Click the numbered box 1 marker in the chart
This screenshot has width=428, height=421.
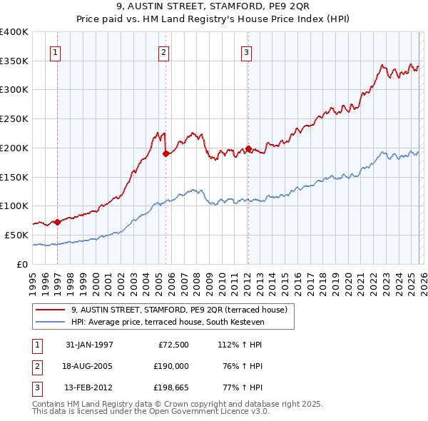(x=56, y=51)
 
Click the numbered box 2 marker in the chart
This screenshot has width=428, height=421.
(x=163, y=51)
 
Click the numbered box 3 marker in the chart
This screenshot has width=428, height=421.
(x=245, y=51)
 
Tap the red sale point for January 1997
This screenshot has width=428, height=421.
(x=57, y=222)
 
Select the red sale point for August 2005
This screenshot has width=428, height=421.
(x=165, y=153)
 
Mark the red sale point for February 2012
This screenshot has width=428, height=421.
(x=248, y=148)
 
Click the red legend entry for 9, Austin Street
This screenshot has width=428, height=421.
(x=178, y=310)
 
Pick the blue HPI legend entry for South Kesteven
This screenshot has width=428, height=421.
(x=168, y=323)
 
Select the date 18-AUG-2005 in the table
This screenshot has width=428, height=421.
(x=89, y=365)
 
